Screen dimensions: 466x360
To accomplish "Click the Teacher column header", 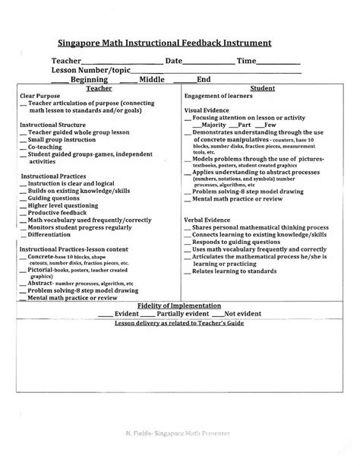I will click(99, 88).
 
